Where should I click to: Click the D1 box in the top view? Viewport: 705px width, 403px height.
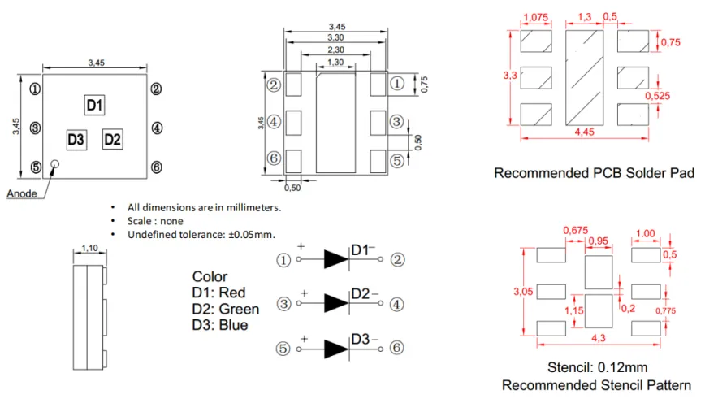(95, 105)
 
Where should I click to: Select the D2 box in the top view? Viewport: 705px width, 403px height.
(112, 139)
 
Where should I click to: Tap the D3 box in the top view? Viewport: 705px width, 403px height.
(76, 139)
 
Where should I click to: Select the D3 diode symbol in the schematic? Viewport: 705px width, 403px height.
(336, 348)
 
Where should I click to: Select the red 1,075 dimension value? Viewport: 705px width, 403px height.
(536, 17)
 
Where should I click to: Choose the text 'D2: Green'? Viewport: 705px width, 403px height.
(226, 309)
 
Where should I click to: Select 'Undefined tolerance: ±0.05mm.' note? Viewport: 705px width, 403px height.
(201, 235)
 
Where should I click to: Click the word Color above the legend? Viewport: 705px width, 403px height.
(210, 276)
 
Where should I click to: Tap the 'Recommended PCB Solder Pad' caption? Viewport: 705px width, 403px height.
(594, 172)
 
